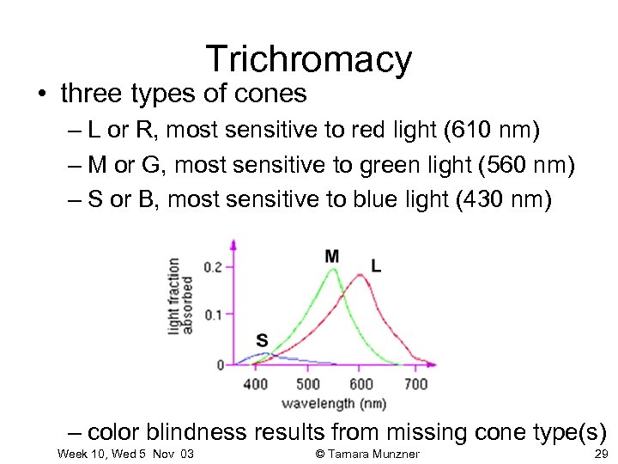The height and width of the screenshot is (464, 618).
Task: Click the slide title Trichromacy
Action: [309, 59]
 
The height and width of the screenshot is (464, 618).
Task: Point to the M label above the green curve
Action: [331, 256]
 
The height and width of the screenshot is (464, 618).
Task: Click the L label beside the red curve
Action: [376, 266]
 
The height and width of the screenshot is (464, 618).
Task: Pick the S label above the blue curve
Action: [262, 340]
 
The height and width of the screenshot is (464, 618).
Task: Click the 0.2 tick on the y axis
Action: [213, 267]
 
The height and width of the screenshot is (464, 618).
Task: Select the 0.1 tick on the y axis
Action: [213, 314]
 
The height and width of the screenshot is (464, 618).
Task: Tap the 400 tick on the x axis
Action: [256, 383]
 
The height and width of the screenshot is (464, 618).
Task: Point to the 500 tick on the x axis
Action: [308, 383]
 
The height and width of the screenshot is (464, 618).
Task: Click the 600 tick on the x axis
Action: [361, 383]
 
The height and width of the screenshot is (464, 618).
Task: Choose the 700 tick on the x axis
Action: [415, 383]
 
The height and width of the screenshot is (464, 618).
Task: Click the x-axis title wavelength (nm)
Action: [334, 402]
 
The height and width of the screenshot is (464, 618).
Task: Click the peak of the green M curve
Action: [334, 271]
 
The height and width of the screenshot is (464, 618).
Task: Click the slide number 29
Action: [600, 454]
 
